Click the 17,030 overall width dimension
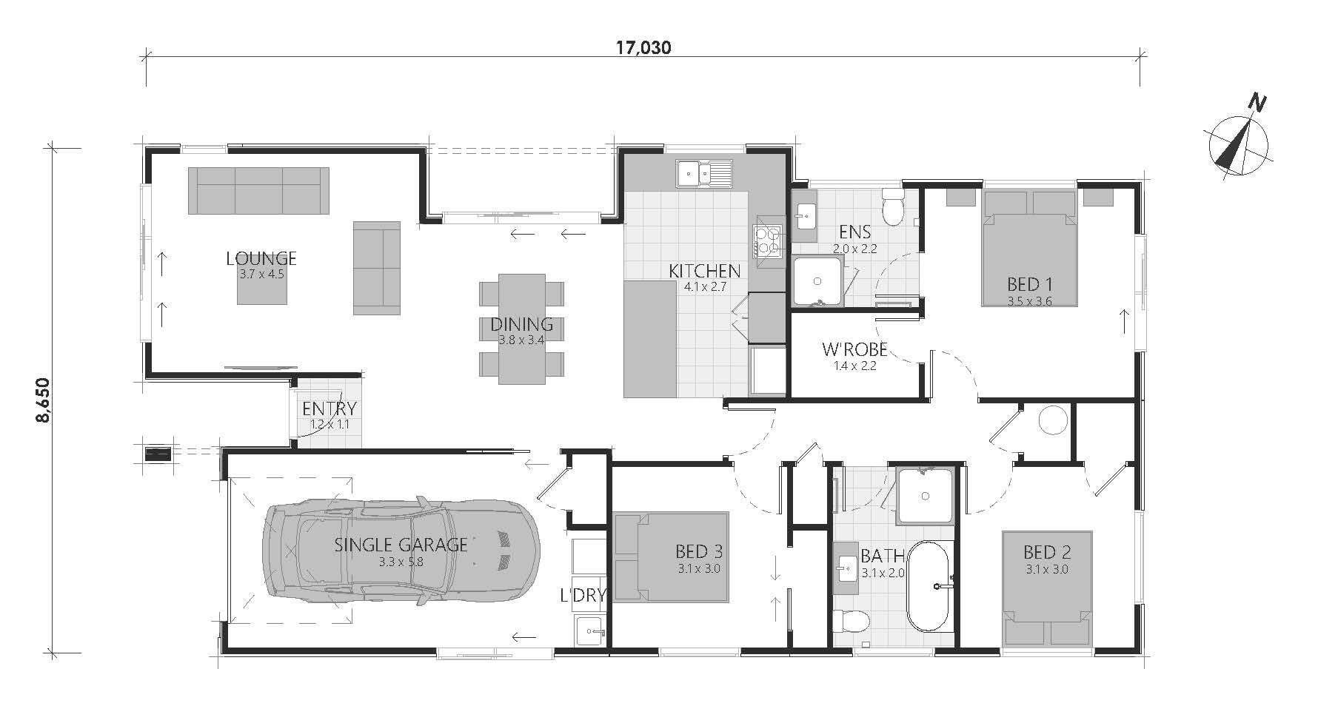point(643,48)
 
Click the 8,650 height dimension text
point(43,401)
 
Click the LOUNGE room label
point(261,258)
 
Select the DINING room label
point(521,324)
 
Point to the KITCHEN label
point(704,272)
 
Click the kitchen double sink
point(703,173)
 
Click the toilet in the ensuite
point(894,206)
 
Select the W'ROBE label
point(854,349)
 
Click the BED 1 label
point(1029,284)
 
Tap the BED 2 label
point(1047,552)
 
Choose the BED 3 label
point(699,551)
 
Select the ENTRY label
point(329,408)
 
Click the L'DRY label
point(583,595)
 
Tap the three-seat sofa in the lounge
point(258,190)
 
